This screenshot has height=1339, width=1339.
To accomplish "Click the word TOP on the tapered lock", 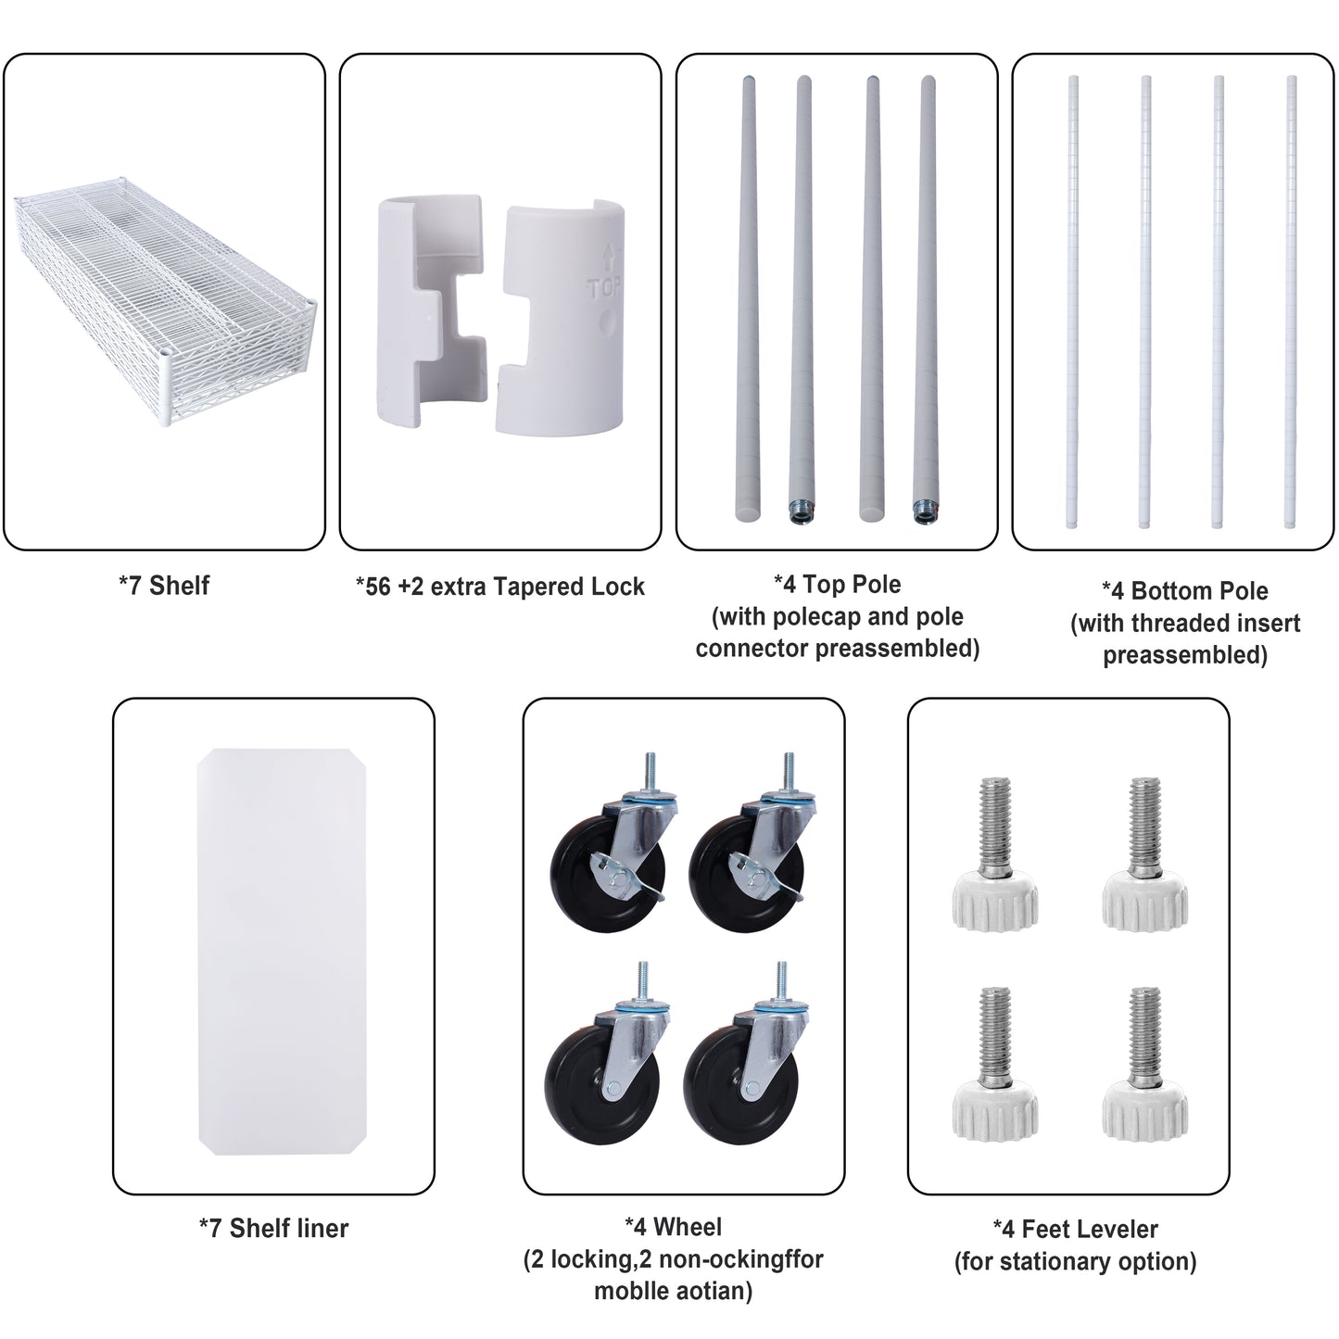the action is point(604,287).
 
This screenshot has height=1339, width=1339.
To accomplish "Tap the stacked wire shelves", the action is point(165,301).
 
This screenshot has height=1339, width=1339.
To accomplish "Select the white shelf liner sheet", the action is point(282,952).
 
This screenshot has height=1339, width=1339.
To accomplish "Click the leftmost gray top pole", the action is point(749,298).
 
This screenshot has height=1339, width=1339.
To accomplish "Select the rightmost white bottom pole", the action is point(1291,302).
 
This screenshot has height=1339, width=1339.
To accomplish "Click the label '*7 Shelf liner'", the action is point(273,1228).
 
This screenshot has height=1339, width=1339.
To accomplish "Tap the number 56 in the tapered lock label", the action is point(378,587).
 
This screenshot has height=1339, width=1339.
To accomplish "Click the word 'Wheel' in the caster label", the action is point(688,1227).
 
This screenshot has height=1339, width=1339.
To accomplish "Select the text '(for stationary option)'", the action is point(1075,1260).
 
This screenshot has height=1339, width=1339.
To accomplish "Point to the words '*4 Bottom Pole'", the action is point(1185,590).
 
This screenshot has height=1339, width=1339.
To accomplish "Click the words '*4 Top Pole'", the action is point(838,585).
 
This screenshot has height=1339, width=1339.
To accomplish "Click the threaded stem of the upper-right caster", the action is point(789,771).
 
